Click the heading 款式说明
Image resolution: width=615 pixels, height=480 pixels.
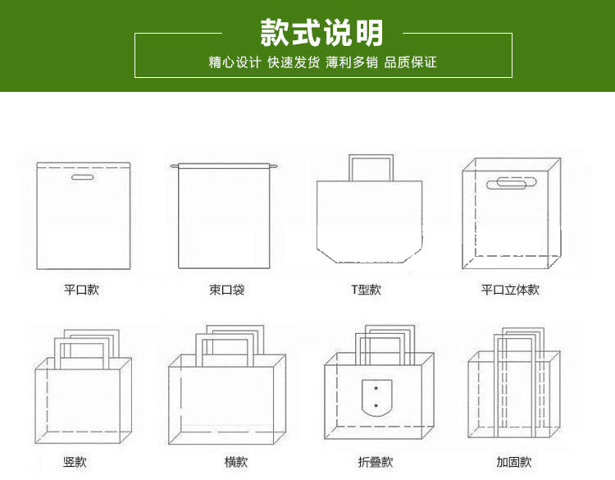[x=322, y=33]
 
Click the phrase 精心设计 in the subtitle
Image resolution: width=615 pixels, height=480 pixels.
[x=235, y=62]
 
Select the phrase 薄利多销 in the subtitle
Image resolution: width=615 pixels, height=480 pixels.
[x=352, y=62]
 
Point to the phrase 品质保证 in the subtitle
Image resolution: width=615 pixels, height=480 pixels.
[x=411, y=62]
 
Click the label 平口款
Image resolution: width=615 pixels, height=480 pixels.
[x=81, y=290]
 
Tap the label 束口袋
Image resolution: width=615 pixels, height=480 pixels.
[x=226, y=290]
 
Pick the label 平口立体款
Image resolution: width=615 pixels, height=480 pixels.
[x=510, y=290]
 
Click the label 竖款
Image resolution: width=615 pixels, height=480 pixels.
[x=75, y=462]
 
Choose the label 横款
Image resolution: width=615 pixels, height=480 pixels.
[x=236, y=462]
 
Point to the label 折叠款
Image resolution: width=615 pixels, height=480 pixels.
[x=376, y=462]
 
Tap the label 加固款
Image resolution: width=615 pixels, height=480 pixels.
[x=514, y=462]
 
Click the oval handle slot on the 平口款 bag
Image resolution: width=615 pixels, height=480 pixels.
[x=81, y=178]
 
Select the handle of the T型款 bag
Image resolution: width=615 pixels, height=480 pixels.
[x=371, y=167]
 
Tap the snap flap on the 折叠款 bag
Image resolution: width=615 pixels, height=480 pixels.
[x=376, y=397]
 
